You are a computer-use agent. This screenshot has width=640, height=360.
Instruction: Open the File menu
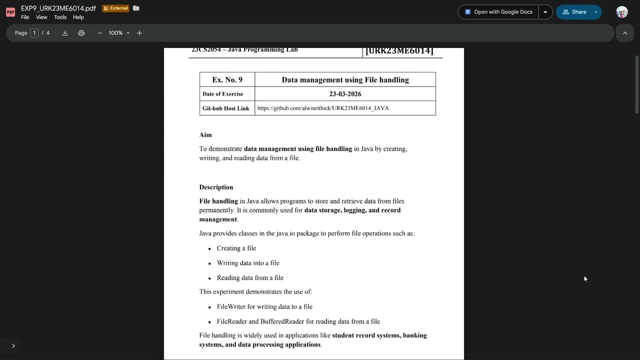[x=25, y=17]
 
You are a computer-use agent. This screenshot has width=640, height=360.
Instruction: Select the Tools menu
[x=60, y=17]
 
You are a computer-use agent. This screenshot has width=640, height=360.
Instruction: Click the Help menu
[x=78, y=17]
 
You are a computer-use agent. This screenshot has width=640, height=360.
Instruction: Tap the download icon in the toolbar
[x=65, y=33]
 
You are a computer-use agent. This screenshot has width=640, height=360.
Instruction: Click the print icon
[x=81, y=33]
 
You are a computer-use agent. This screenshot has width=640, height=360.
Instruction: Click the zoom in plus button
[x=139, y=33]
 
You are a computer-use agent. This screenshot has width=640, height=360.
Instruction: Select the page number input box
[x=34, y=33]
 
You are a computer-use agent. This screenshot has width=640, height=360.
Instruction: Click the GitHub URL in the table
[x=323, y=108]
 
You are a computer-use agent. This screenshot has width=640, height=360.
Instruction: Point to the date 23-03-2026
[x=345, y=94]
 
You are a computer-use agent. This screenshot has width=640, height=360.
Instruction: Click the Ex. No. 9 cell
[x=227, y=79]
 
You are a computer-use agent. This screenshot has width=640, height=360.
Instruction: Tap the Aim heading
[x=205, y=135]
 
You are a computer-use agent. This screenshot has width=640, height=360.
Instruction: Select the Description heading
[x=216, y=187]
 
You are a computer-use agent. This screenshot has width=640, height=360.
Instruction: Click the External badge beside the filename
[x=115, y=8]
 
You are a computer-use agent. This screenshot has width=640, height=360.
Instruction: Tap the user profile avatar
[x=622, y=12]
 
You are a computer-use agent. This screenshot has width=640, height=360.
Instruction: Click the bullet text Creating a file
[x=236, y=248]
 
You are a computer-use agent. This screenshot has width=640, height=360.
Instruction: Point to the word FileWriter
[x=231, y=307]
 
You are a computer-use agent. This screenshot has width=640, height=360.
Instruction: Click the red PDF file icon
[x=10, y=12]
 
